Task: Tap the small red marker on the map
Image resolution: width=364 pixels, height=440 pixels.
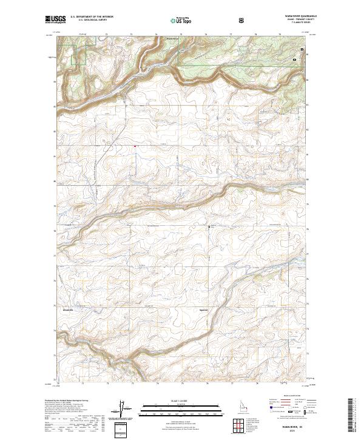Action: [x=135, y=145]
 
